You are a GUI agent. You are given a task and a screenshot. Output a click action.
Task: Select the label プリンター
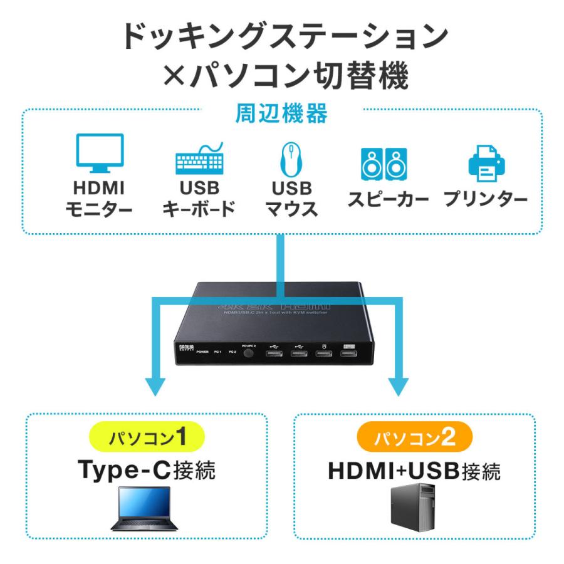(486, 201)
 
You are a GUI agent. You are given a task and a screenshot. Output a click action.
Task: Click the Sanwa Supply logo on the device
(182, 347)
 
